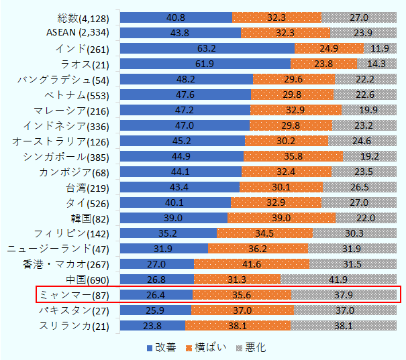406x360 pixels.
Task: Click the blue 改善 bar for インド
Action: [207, 48]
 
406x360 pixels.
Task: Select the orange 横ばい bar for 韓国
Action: [281, 218]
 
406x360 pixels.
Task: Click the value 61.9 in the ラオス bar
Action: [205, 64]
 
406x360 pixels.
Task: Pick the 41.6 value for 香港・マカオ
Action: [251, 264]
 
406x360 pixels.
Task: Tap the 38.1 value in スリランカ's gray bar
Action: [343, 326]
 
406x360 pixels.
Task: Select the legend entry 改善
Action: [161, 347]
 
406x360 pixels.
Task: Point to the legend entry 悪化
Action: [253, 347]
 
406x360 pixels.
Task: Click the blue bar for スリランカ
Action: [152, 326]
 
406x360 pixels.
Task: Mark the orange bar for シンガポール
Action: [293, 156]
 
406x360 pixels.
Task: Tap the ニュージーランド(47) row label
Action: [65, 249]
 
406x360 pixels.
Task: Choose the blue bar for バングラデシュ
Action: [187, 79]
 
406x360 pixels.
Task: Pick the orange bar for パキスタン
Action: [242, 310]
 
